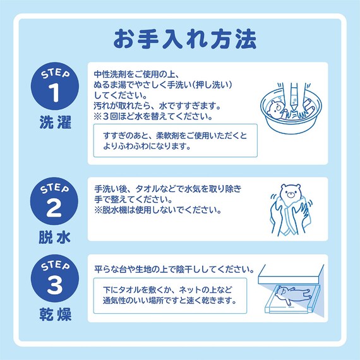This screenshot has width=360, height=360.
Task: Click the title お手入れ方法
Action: (x=185, y=39)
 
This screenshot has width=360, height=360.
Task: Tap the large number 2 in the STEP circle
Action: (x=54, y=207)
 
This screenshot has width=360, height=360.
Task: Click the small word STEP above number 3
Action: (x=54, y=267)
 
